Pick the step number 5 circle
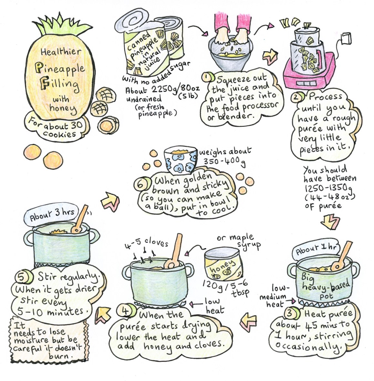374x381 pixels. (23, 277)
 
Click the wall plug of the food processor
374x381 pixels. (346, 38)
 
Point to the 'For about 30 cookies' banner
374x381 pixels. (55, 128)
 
